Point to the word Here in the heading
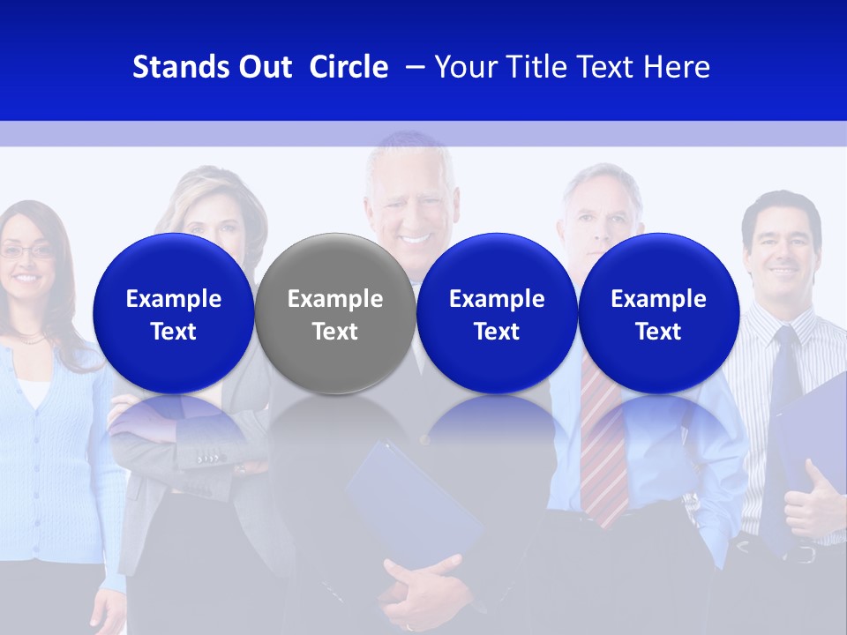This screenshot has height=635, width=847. pos(677,67)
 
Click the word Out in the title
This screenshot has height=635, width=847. pos(262,67)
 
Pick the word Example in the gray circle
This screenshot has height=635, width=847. pos(335,299)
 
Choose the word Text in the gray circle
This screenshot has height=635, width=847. pos(335,332)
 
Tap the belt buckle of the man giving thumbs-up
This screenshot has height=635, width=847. pos(803,554)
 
